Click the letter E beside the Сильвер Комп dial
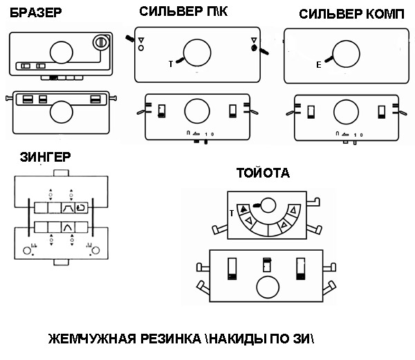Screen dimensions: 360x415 click(x=318, y=65)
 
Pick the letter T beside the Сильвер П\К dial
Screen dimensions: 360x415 click(x=171, y=64)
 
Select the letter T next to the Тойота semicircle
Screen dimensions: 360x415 click(x=232, y=214)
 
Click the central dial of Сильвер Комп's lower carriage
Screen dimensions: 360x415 click(x=345, y=111)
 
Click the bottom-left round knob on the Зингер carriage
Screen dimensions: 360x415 click(x=28, y=249)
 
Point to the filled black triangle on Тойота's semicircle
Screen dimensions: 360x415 click(x=244, y=207)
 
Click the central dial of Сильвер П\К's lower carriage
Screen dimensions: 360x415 click(x=196, y=111)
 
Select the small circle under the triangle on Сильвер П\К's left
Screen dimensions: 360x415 click(x=141, y=48)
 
